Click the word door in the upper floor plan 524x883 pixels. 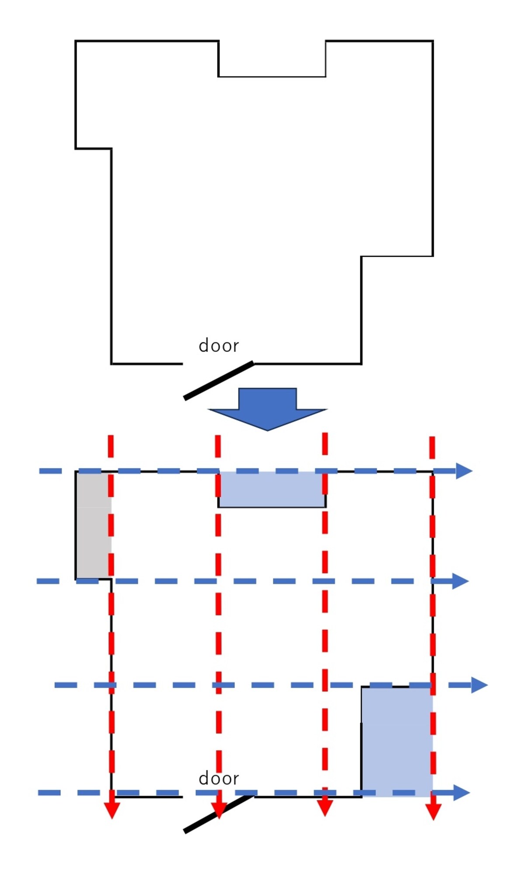coord(219,346)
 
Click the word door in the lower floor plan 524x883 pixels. coord(219,779)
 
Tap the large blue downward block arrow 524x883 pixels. coord(268,409)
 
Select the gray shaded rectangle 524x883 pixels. coord(93,525)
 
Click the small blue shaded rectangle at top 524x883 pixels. coord(272,490)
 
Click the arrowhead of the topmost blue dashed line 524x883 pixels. coord(464,471)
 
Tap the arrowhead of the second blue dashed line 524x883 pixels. coord(460,581)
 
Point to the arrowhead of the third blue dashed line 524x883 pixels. coord(479,685)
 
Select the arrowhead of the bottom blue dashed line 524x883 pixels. coord(462,793)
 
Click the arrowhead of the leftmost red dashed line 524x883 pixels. coord(112,810)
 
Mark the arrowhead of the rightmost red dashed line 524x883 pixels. coord(433,811)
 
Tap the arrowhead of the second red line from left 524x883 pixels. coord(219,810)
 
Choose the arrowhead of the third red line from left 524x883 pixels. coord(325,808)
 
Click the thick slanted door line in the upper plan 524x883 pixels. coord(219,380)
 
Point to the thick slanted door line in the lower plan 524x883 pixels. coord(219,814)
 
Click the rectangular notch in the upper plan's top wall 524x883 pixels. coord(272,76)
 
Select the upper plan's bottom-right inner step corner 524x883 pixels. coord(362,256)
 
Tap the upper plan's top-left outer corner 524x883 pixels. coord(76,41)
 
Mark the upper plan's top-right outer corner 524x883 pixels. coord(433,41)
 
